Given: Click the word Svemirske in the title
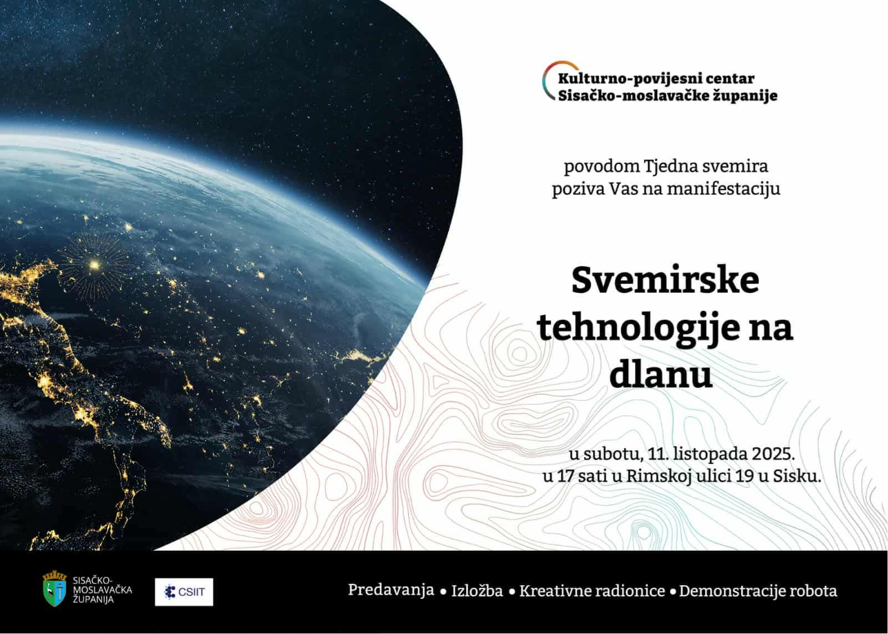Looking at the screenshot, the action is [665, 280].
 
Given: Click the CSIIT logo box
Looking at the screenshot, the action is [184, 592].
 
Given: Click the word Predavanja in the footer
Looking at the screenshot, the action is [391, 590].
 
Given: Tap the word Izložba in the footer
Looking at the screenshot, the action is [477, 591].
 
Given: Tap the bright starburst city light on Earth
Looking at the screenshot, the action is [94, 263].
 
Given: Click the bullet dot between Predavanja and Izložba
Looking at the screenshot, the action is [443, 592].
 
